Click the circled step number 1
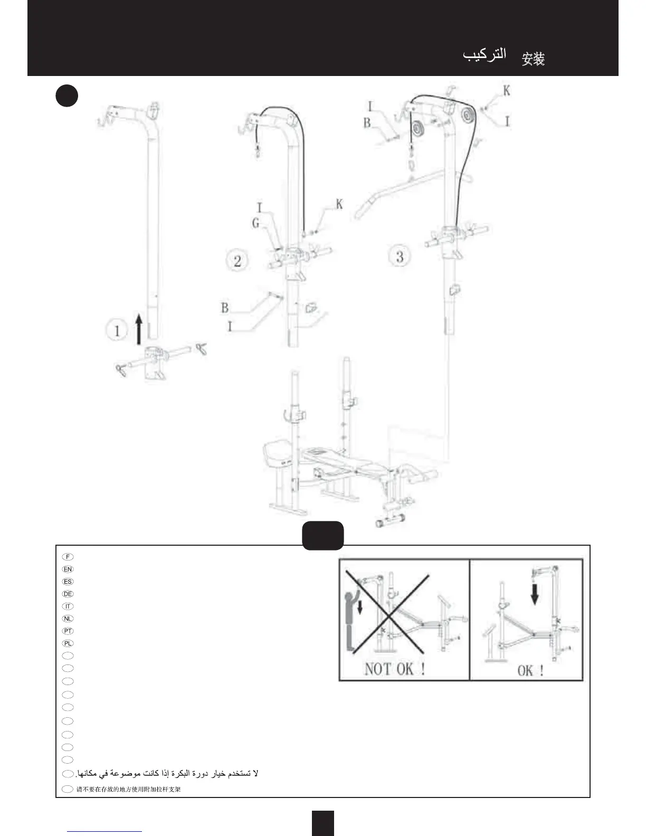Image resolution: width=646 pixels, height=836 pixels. [x=117, y=331]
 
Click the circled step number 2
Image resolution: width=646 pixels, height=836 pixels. [x=237, y=260]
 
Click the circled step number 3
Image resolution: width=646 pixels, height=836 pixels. [x=400, y=256]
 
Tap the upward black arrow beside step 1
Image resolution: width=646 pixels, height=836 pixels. [x=139, y=328]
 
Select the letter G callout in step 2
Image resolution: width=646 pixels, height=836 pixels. [x=256, y=223]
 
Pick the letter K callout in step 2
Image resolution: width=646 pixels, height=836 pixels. [x=339, y=204]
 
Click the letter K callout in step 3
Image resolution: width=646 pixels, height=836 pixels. [x=507, y=91]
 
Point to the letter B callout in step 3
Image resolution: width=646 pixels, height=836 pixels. [x=367, y=122]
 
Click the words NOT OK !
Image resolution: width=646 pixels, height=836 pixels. [x=395, y=669]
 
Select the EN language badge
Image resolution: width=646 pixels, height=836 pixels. [x=68, y=569]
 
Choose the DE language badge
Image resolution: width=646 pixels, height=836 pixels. [x=68, y=594]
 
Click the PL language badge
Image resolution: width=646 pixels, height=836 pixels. [x=68, y=643]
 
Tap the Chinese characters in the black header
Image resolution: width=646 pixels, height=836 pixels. [x=533, y=59]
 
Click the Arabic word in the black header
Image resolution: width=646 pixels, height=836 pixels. [x=484, y=55]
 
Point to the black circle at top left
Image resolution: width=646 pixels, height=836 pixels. [x=66, y=96]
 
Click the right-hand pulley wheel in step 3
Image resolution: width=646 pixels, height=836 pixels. [x=467, y=115]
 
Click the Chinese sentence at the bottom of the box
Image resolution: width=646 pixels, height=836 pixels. [x=129, y=790]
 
